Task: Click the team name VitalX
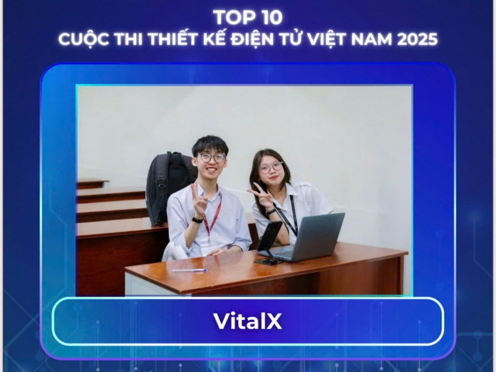point(248,321)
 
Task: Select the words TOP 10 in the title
point(248,17)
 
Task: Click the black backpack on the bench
point(167,186)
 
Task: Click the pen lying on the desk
point(189,270)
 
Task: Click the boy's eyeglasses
point(212,158)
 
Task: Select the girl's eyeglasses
point(271,168)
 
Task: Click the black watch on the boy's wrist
point(197,220)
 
